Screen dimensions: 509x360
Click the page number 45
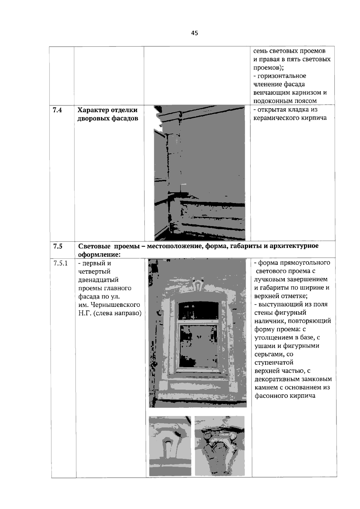[x=194, y=33]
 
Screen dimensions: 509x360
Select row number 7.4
[x=57, y=110]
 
